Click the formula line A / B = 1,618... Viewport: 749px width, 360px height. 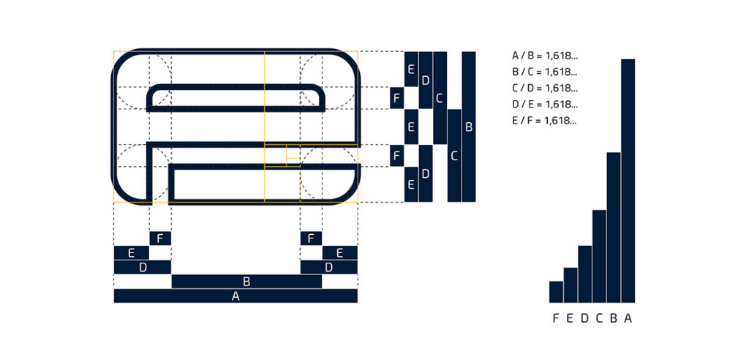point(545,56)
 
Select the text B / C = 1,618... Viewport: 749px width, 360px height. point(545,72)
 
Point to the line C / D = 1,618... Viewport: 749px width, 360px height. point(545,88)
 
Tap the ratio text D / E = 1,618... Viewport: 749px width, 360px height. point(545,104)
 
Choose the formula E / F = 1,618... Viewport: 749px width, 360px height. point(545,120)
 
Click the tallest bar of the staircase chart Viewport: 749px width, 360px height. point(628,180)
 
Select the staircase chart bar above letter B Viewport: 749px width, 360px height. point(614,227)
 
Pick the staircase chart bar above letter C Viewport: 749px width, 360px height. point(600,256)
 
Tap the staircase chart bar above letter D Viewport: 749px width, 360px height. point(585,274)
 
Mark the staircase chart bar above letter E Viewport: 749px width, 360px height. point(571,285)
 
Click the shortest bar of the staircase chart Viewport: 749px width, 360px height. point(557,291)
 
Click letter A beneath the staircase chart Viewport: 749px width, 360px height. point(628,318)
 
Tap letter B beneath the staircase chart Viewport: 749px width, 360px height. point(614,318)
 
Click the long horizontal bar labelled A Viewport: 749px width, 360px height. point(236,296)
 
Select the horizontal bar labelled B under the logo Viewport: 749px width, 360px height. point(246,282)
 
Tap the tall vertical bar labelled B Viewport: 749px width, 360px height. point(469,127)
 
